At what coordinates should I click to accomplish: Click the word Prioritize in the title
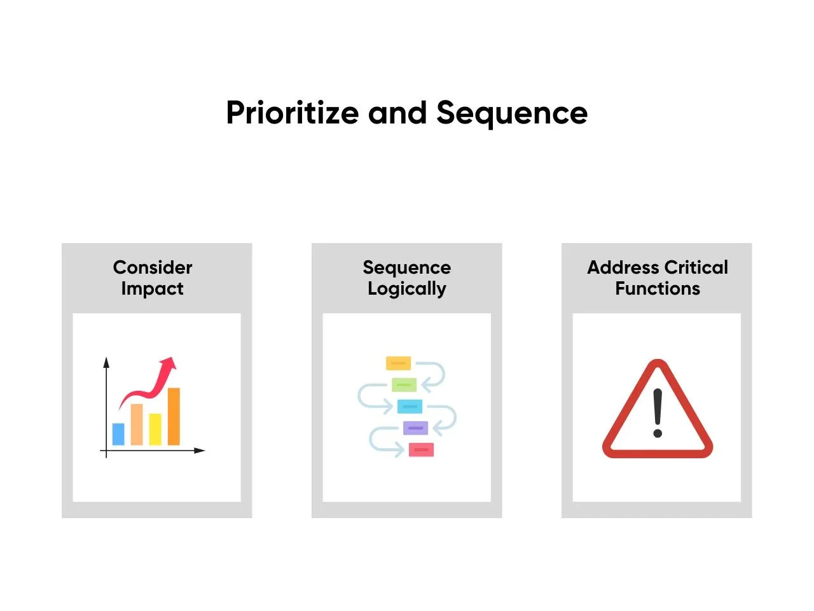click(293, 113)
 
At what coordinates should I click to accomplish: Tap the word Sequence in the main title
click(512, 114)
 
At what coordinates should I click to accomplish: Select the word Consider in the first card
click(153, 267)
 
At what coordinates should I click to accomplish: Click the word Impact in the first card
click(152, 289)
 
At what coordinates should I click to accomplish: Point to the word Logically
click(407, 289)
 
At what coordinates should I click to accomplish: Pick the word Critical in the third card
click(696, 267)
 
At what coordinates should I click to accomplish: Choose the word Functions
click(658, 288)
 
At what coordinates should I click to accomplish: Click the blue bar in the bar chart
click(118, 434)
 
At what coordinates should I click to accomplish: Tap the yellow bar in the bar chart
click(155, 429)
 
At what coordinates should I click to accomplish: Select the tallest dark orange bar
click(174, 416)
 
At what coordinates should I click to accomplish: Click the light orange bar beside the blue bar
click(137, 425)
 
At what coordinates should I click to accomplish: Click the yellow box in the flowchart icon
click(398, 363)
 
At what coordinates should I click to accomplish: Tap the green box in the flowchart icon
click(404, 384)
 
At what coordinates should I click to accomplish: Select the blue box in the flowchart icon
click(410, 406)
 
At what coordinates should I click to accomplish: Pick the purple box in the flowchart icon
click(415, 428)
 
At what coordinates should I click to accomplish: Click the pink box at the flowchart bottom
click(421, 449)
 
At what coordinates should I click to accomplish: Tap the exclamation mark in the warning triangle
click(658, 413)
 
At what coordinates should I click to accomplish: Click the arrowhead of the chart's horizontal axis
click(200, 451)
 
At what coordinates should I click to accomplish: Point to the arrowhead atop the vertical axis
click(106, 362)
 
